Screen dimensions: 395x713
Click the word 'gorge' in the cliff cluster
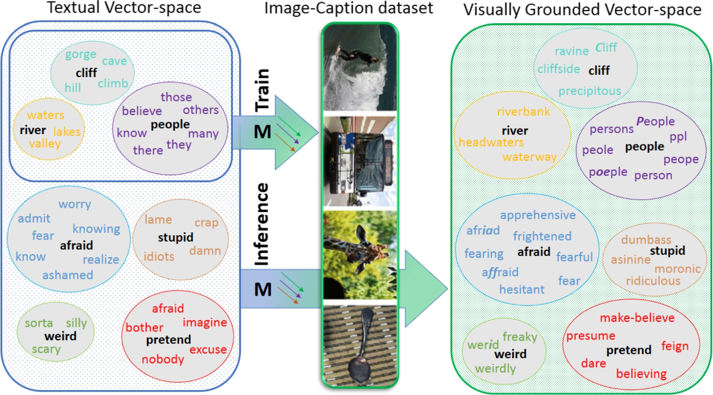click(80, 55)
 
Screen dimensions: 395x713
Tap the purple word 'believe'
click(142, 111)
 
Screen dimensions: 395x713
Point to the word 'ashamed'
click(68, 275)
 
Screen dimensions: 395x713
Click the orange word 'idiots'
click(159, 257)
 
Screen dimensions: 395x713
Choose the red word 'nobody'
click(163, 359)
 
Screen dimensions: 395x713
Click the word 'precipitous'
click(589, 91)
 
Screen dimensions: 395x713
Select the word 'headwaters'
click(491, 143)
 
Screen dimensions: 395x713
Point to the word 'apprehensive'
click(538, 215)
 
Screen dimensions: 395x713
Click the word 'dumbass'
click(646, 239)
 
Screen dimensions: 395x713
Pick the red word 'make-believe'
click(637, 318)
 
